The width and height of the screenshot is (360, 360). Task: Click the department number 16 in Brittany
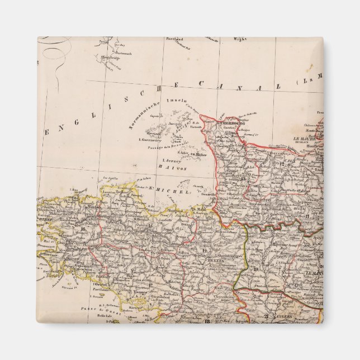coord(83,229)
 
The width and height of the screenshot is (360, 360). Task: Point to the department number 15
coord(150,225)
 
